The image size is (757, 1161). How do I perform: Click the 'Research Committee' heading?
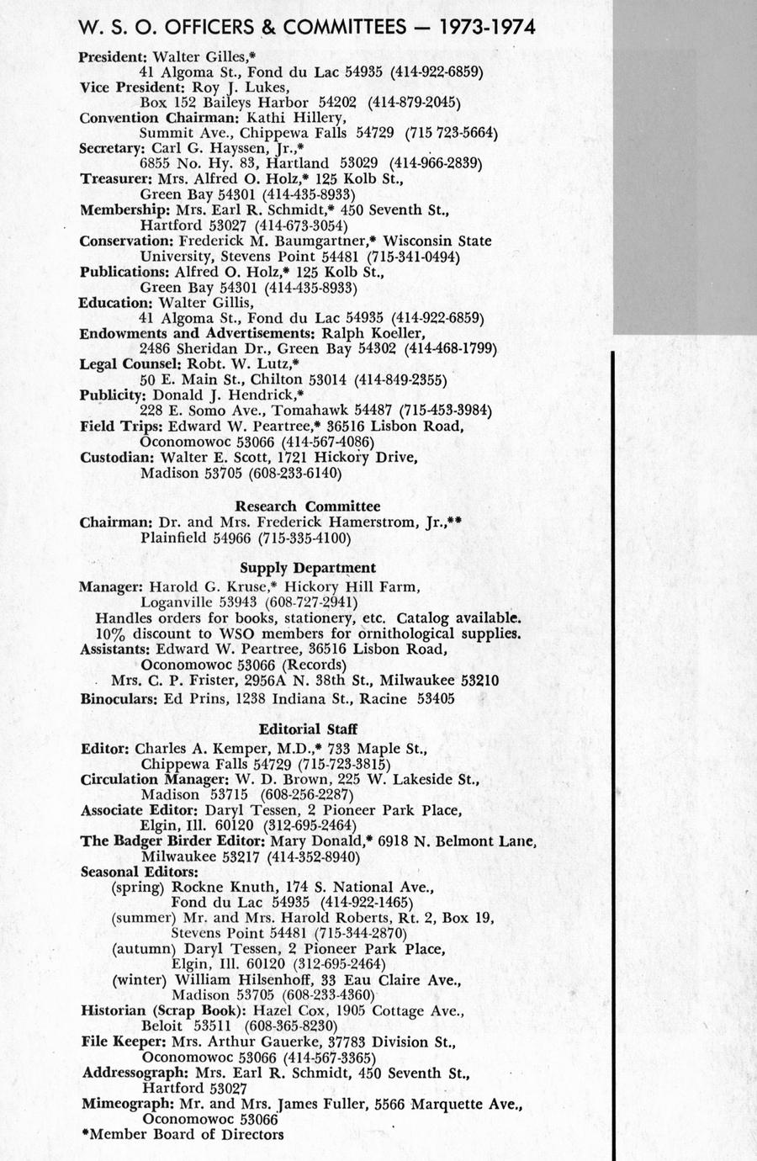(307, 506)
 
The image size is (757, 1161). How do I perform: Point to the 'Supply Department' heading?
(308, 568)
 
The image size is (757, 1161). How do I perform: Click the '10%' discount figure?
(111, 633)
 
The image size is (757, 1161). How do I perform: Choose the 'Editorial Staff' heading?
(308, 729)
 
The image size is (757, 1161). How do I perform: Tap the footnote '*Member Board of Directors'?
(183, 1135)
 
